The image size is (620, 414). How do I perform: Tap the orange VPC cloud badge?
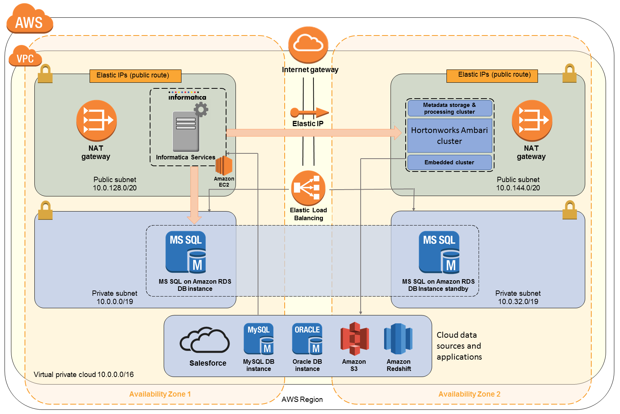pos(25,57)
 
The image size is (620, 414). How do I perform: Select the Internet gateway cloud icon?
pos(308,45)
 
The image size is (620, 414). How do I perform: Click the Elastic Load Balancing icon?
pos(308,188)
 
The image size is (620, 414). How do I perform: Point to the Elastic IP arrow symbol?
pos(309,112)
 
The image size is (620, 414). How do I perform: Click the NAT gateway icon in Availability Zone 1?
pos(96,120)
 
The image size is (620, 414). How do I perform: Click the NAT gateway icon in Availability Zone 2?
pos(532,120)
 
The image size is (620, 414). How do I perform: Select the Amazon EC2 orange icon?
pos(224,166)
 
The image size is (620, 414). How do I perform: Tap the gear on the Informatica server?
pos(201,110)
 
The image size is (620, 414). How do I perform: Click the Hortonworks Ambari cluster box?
pos(449,136)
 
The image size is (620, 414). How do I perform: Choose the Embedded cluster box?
pos(449,162)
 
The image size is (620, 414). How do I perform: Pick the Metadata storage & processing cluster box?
pos(449,108)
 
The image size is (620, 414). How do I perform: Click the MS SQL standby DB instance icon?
pos(439,252)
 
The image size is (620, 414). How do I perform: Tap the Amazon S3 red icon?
pos(354,338)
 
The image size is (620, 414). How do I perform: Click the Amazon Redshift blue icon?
pos(398,338)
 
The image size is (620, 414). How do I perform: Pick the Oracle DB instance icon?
pos(307,338)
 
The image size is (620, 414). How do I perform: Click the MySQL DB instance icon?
pos(259,338)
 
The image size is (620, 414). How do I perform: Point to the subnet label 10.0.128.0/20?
pos(115,188)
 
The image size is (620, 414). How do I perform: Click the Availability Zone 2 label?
pos(469,394)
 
